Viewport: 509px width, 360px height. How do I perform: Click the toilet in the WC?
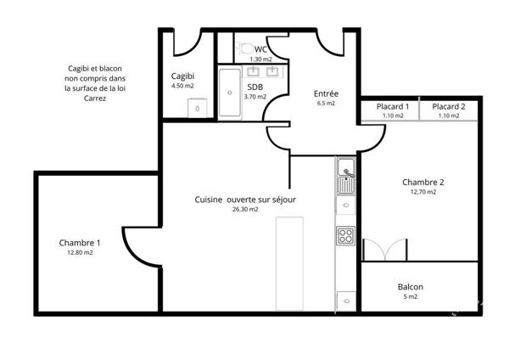coord(245,48)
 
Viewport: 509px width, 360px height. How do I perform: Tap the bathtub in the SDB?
coord(230,93)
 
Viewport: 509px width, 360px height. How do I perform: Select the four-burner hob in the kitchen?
coord(345,235)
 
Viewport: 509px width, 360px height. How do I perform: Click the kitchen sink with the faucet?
coord(346,177)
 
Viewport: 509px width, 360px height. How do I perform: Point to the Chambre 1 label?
coord(80,243)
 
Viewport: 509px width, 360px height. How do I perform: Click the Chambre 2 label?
coord(423,183)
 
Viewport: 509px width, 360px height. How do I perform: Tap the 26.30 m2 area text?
coord(245,209)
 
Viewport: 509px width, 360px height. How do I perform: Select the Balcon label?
coord(411,287)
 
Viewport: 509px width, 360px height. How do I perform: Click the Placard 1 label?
coord(393,107)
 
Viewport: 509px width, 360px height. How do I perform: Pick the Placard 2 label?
coord(449,107)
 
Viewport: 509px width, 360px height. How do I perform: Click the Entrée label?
coord(326,93)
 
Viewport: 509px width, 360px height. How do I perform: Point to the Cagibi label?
coord(182,76)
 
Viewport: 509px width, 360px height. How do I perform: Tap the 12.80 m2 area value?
coord(80,252)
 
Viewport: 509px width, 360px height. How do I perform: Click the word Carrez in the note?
coord(95,98)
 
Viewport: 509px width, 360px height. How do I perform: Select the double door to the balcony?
coord(385,250)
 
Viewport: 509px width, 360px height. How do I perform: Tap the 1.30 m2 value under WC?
coord(260,59)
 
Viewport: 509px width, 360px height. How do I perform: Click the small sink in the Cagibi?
coord(198,108)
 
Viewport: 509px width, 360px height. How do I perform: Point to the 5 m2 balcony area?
coord(411,296)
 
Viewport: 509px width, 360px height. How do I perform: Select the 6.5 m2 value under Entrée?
coord(326,104)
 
